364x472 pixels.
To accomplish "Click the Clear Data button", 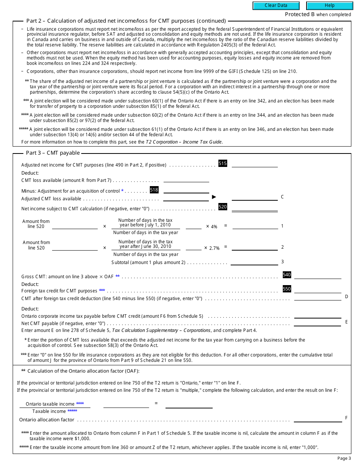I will click(x=276, y=6).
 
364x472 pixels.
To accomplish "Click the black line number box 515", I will click(x=223, y=163).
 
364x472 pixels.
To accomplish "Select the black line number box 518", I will click(x=154, y=190).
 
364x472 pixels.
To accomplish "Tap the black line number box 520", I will click(x=223, y=207).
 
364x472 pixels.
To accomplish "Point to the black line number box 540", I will click(x=287, y=275).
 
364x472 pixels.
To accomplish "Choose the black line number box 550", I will click(x=287, y=289).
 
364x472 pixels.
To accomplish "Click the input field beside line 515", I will click(x=255, y=164).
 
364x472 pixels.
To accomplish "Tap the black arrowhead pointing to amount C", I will click(x=214, y=197).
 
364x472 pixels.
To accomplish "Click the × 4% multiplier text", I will click(x=212, y=227).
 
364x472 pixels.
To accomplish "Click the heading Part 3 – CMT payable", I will click(x=53, y=153).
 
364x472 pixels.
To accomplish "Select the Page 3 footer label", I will click(x=344, y=458).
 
